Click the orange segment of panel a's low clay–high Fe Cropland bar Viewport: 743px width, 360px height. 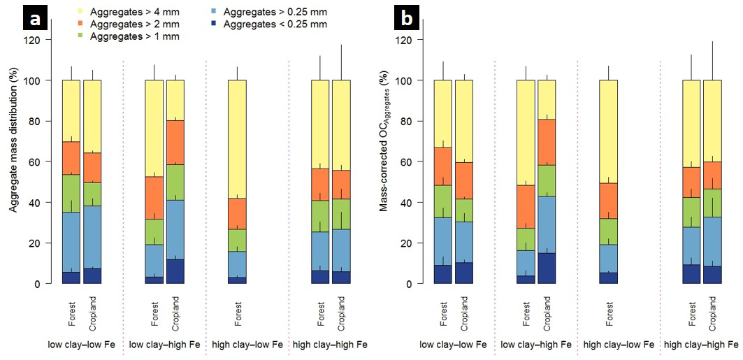[175, 143]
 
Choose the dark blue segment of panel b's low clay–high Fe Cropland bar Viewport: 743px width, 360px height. [547, 268]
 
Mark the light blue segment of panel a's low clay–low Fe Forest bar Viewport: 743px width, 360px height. [71, 232]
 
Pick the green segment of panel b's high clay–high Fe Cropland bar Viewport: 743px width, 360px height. [713, 203]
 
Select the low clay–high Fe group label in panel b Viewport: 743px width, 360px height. [536, 345]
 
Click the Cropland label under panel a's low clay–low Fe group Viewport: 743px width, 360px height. [93, 312]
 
